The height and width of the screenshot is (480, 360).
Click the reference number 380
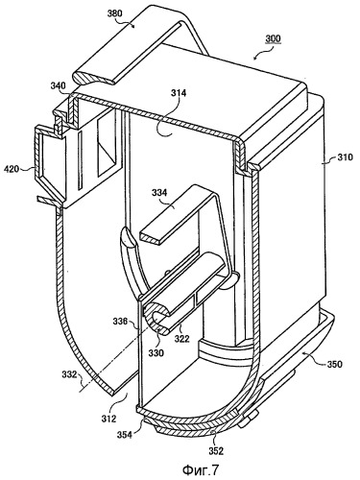point(115,13)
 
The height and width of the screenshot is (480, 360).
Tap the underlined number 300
point(273,39)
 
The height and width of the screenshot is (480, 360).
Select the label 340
point(58,86)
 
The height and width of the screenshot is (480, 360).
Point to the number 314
point(179,93)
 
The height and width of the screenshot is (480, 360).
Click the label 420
point(12,169)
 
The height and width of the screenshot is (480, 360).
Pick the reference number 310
point(345,157)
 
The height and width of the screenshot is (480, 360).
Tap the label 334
point(159,193)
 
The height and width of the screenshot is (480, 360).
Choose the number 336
point(121,321)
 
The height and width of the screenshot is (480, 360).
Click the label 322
point(181,338)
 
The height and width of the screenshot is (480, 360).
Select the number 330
point(156,353)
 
